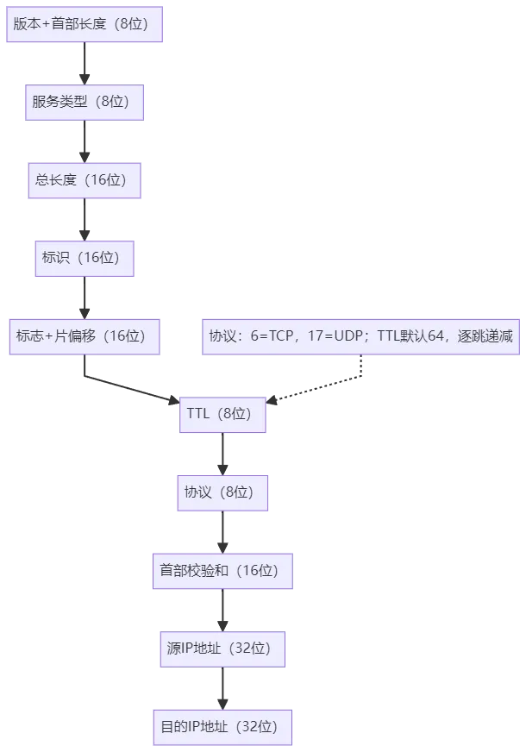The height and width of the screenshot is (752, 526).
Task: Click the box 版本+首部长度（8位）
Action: coord(85,23)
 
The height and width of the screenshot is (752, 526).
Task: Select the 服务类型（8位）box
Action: coord(85,102)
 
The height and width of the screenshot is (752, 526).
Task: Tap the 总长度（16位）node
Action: coord(85,180)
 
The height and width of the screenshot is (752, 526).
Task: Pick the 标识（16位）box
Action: coord(85,257)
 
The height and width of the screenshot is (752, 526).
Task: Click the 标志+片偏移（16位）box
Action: coord(85,336)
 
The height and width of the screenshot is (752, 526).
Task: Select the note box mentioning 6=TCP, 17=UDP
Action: coord(361,336)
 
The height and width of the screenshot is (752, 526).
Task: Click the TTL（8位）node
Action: coord(222,414)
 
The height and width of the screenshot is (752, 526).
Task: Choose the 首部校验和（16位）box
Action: coord(223,570)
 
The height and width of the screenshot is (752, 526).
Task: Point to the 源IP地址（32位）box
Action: coord(223,649)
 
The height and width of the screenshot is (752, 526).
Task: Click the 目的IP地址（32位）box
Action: coord(223,727)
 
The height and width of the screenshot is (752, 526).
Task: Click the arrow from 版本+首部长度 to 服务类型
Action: coord(85,63)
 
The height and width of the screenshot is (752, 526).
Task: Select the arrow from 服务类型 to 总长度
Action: coord(85,141)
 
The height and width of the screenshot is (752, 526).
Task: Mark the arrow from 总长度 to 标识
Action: coord(85,219)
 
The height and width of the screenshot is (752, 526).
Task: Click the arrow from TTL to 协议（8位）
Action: coord(222,454)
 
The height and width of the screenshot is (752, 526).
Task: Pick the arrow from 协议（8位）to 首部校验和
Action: coord(222,531)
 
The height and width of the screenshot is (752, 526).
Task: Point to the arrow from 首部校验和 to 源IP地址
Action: coord(223,610)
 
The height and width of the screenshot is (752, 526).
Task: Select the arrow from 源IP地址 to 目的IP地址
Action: coord(223,687)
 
